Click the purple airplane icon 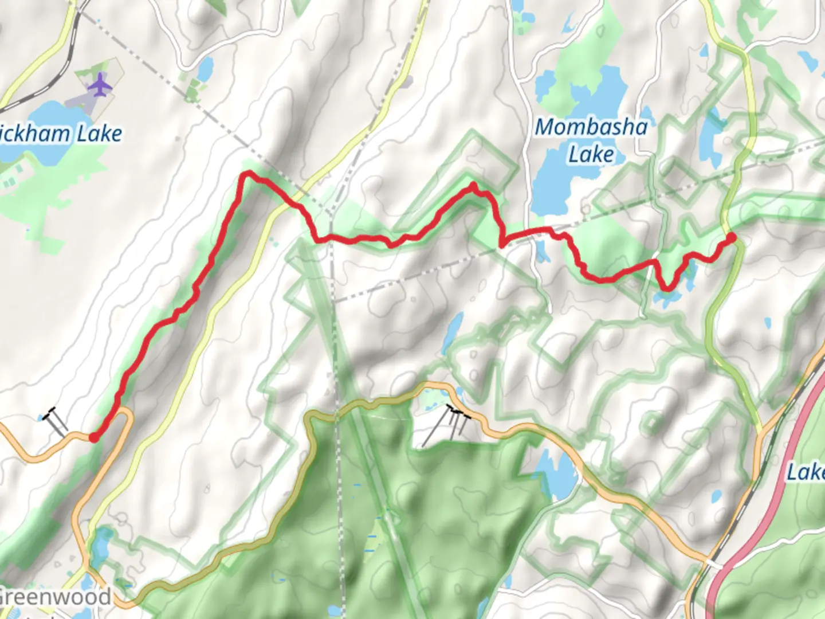tap(101, 85)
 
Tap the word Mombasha tap(591, 127)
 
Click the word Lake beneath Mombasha tap(591, 154)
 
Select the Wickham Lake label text tap(60, 134)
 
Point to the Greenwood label tap(55, 597)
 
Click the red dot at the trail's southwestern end tap(93, 438)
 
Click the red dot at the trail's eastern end tap(732, 237)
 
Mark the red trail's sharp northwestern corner tap(247, 173)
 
